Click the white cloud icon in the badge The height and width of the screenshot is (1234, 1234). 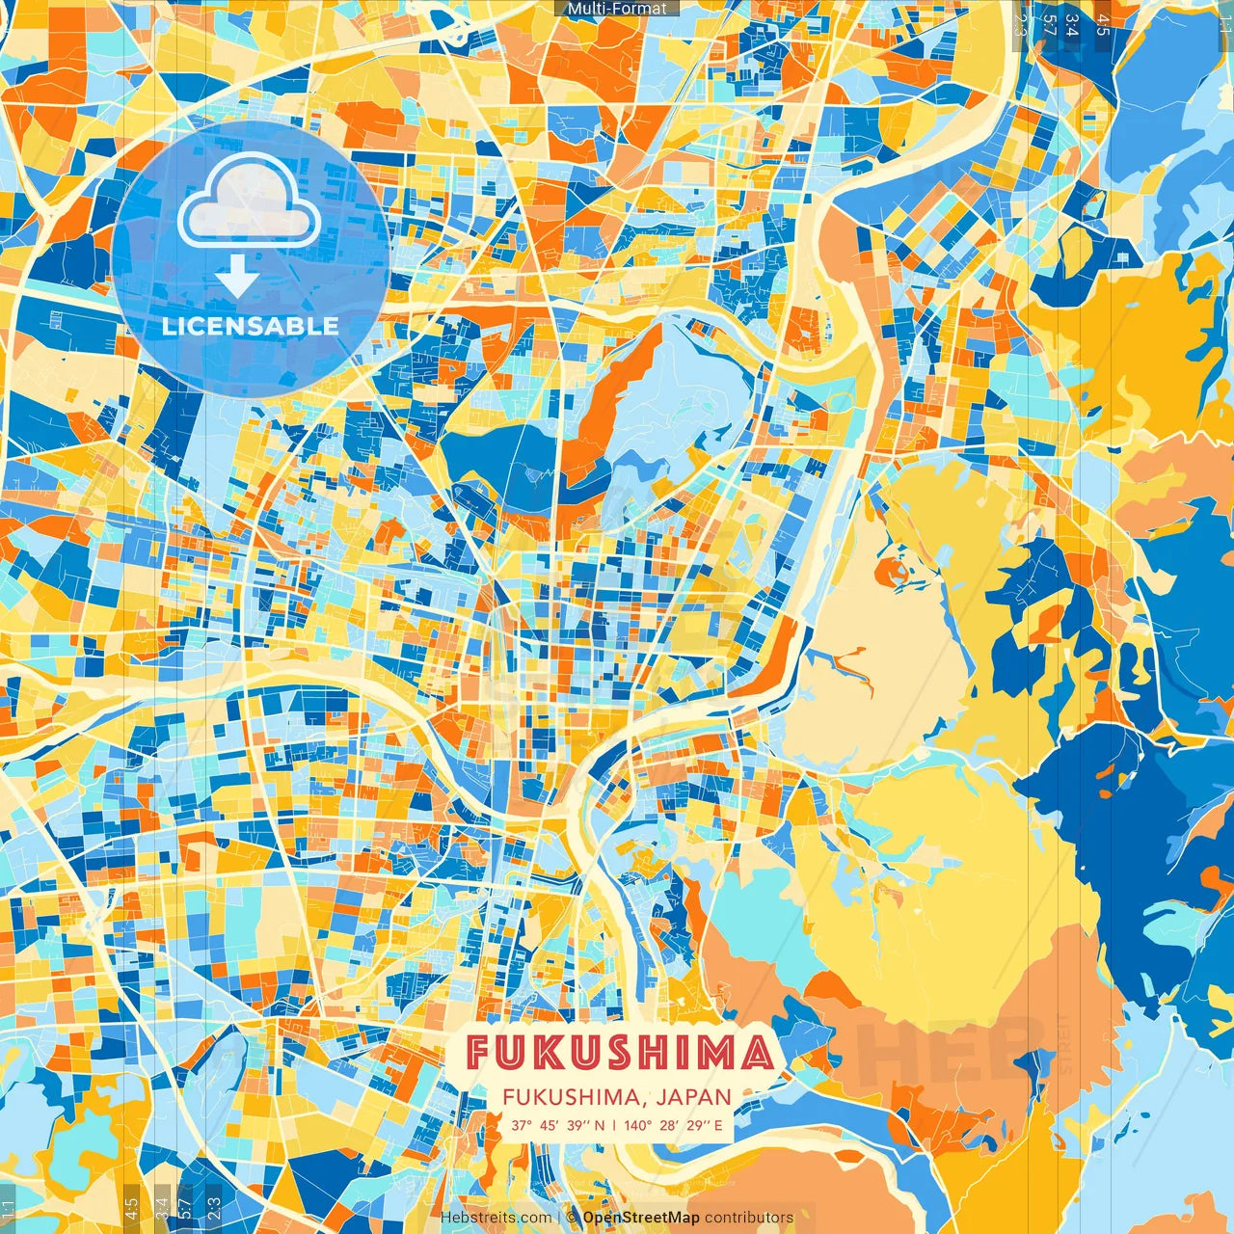tap(249, 200)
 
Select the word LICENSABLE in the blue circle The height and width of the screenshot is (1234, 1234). tap(250, 326)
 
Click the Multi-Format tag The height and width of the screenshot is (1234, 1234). tap(617, 9)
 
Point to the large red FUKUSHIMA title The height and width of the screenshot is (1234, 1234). tap(619, 1053)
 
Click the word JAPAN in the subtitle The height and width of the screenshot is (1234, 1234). tap(695, 1097)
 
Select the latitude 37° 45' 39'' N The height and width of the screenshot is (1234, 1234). tap(557, 1125)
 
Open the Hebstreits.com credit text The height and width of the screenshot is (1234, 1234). tap(496, 1218)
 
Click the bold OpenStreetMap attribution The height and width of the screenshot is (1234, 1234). tap(641, 1218)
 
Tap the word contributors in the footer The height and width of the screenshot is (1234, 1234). tap(749, 1218)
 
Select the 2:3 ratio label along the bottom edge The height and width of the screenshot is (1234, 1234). tap(213, 1207)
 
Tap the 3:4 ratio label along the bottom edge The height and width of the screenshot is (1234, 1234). tap(161, 1207)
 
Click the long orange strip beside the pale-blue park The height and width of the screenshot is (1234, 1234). tap(607, 405)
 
